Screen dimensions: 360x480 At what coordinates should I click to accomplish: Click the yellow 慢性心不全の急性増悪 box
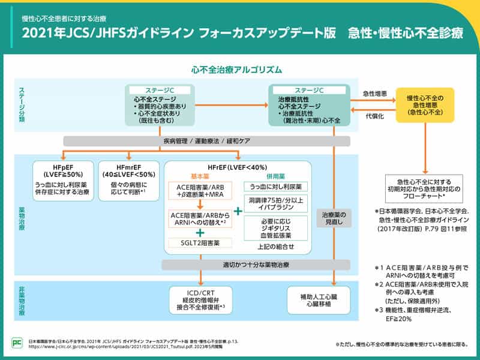[424, 105]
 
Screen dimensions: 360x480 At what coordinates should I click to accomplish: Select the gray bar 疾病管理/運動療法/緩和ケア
[206, 140]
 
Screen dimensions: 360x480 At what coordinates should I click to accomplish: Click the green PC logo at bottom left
[16, 343]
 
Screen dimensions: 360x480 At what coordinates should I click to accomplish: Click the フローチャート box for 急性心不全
[424, 188]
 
